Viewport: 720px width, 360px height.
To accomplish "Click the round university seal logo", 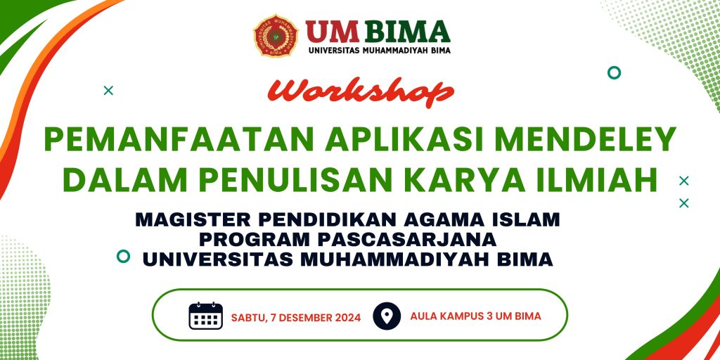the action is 276,36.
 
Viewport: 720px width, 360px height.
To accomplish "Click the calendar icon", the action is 206,316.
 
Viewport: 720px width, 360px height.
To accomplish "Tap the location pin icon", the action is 387,316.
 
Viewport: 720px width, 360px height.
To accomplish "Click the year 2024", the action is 347,317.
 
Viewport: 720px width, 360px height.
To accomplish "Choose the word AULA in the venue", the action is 422,316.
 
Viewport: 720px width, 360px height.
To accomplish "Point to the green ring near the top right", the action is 614,72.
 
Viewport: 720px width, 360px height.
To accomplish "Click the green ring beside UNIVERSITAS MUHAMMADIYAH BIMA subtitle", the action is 123,256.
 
